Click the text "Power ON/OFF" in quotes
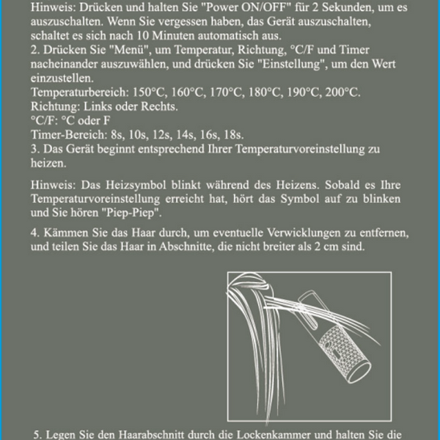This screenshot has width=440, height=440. [249, 7]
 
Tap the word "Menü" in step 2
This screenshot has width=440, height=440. [129, 50]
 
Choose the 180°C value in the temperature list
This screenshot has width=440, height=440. [265, 92]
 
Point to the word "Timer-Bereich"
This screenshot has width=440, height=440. [69, 135]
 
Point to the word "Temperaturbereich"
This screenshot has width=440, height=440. [80, 92]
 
